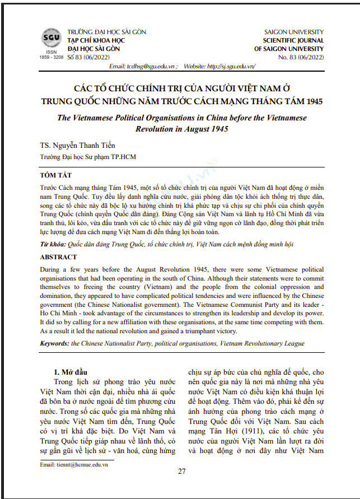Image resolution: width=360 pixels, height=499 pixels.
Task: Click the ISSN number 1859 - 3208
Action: click(x=51, y=57)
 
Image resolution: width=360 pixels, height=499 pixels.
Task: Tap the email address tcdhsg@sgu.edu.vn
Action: click(x=149, y=66)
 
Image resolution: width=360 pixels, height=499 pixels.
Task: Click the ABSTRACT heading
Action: click(x=58, y=257)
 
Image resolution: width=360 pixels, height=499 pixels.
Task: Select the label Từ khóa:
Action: click(x=53, y=245)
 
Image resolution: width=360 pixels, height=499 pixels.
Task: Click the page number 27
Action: click(x=181, y=471)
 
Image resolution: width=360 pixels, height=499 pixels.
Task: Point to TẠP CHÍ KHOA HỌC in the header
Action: click(x=93, y=41)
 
